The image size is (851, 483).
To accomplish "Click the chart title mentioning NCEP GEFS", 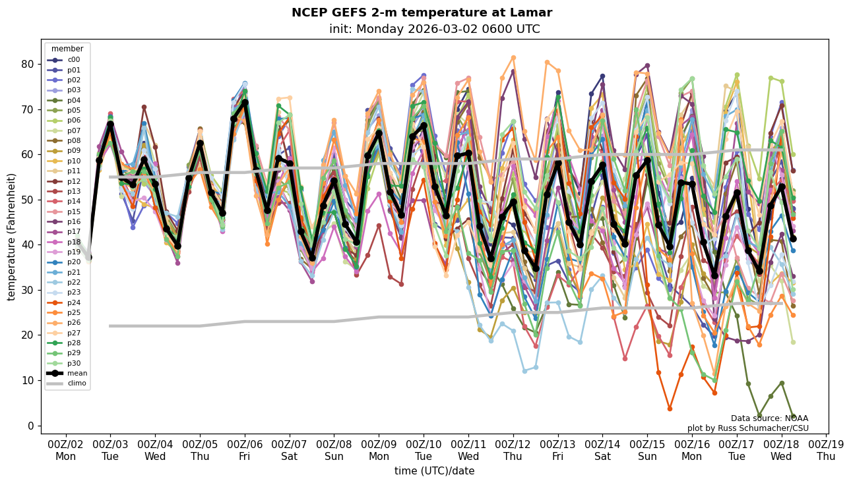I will (422, 13).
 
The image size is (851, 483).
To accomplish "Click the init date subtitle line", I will (434, 29).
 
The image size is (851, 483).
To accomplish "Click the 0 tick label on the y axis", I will (30, 426).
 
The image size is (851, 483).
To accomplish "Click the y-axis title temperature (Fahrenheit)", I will (12, 237).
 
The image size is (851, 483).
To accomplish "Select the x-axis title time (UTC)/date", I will (434, 471).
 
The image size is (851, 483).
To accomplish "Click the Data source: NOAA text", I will (769, 418).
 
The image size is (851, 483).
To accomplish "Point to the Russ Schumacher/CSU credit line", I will (747, 428).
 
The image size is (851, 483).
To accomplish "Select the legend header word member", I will (67, 49).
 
